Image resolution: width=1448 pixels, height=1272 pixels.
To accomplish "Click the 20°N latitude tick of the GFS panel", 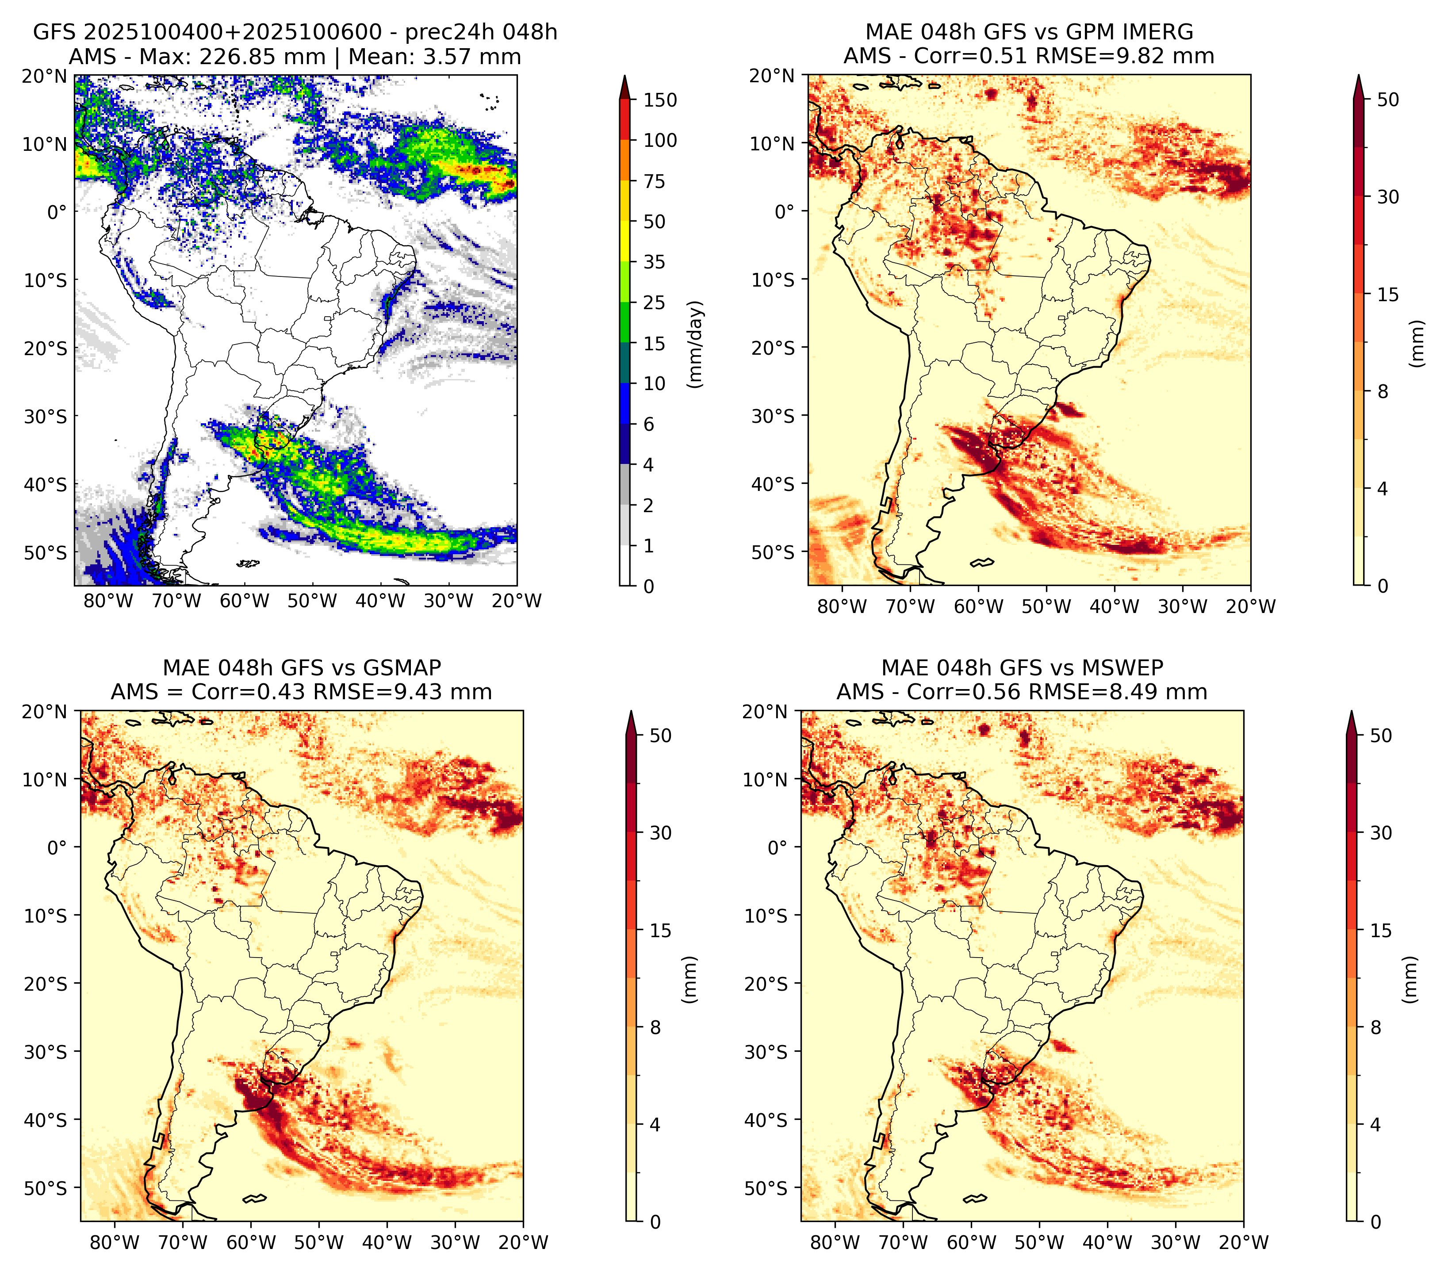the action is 45,76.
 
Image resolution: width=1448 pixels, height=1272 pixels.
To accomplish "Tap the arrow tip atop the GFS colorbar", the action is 624,75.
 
